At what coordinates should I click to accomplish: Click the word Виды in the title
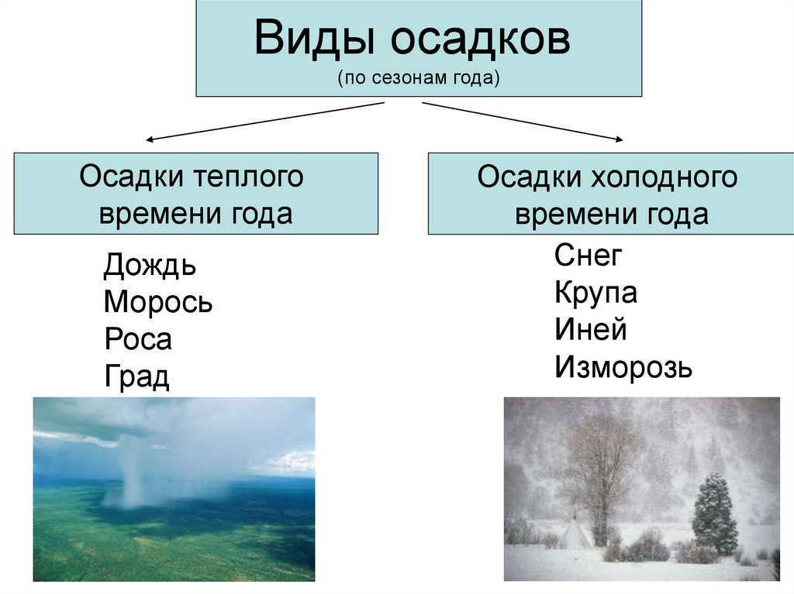coord(313,37)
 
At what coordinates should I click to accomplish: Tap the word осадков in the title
coord(481,39)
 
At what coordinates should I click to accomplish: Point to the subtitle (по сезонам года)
coord(419,77)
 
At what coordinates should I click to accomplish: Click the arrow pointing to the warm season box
coord(265,121)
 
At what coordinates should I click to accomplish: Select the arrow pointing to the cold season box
coord(523,122)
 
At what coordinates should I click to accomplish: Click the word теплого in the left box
coord(249,177)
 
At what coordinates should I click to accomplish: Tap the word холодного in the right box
coord(665,177)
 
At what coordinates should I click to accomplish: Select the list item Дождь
coord(150,264)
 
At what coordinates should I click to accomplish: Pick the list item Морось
coord(158,301)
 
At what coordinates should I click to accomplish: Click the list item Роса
coord(138,339)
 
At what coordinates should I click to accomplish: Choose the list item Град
coord(136,376)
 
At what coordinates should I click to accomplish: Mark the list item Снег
coord(588,255)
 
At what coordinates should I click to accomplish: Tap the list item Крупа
coord(596,293)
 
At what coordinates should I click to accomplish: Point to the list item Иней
coord(591,329)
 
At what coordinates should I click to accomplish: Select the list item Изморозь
coord(623,367)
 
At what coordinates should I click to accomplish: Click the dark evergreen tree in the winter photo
coord(714,513)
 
